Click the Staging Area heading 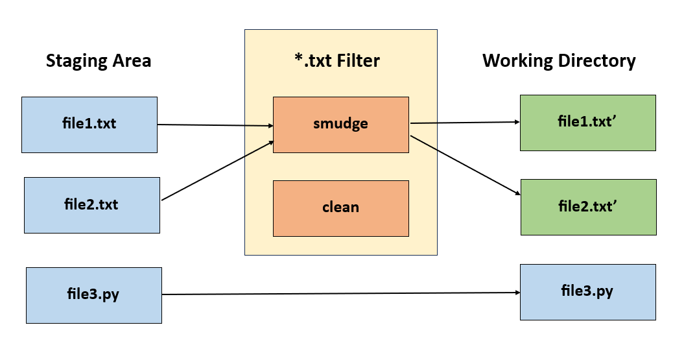coord(99,61)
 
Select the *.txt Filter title coord(336,61)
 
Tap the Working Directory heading coord(559,61)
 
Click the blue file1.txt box coord(89,125)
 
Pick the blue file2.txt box coord(92,205)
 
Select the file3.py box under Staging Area coord(94,295)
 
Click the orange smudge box coord(340,125)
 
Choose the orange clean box coord(340,208)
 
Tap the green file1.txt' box coord(587,122)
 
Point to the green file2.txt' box coord(588,207)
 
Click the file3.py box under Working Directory coord(587,292)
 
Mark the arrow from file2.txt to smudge coord(217,171)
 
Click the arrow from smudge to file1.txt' coord(464,122)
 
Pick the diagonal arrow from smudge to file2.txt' coord(464,165)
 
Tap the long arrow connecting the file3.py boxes coord(340,294)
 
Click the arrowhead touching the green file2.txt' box coord(516,193)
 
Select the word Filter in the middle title coord(358,61)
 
